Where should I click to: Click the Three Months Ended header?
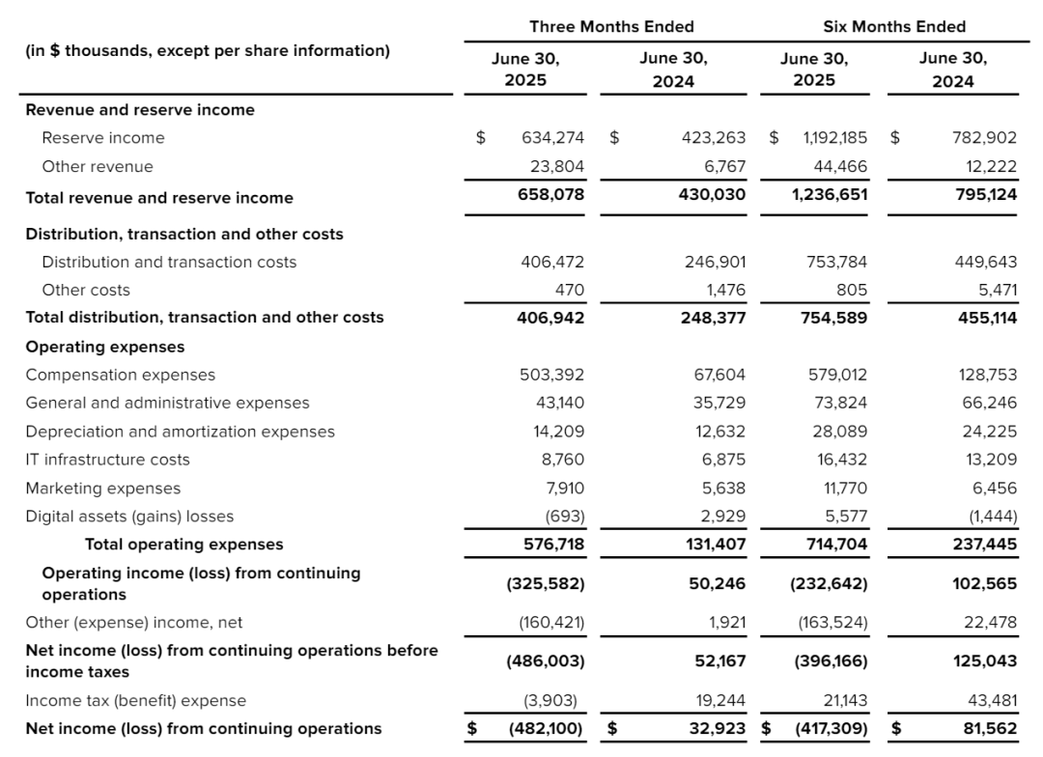click(x=611, y=26)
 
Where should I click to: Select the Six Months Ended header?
click(x=893, y=26)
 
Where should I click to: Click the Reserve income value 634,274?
click(x=552, y=138)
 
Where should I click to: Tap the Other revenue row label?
click(x=98, y=166)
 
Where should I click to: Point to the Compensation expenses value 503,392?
click(x=552, y=375)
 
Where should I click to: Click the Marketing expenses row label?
click(x=102, y=489)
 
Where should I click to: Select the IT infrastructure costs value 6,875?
click(x=722, y=460)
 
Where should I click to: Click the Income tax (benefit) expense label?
click(x=136, y=700)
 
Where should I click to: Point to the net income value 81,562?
click(x=987, y=729)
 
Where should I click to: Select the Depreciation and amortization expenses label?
click(x=180, y=432)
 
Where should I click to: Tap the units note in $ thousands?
click(x=208, y=51)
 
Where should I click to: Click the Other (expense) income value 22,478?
click(x=990, y=623)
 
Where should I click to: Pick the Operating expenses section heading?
click(x=104, y=347)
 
